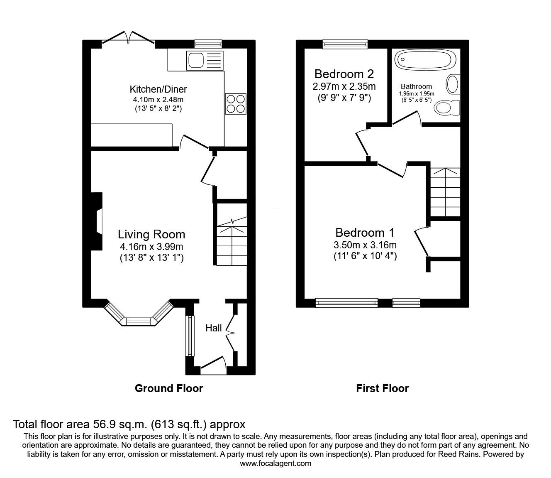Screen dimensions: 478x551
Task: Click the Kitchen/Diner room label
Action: coord(158,89)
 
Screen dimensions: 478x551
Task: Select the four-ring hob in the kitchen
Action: coord(235,103)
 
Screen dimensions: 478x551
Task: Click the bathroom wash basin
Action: coord(453,84)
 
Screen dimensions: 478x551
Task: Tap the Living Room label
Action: coord(151,234)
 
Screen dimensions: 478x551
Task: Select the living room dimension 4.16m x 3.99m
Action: coord(151,247)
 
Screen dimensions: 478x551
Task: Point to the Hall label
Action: coord(214,328)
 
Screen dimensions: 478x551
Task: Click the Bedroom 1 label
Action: coord(365,233)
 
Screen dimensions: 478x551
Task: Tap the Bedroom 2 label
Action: coord(344,74)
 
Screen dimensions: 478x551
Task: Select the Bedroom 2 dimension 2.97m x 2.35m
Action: coord(344,86)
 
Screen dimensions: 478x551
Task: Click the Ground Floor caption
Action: coord(169,388)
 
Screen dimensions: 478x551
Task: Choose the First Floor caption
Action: coord(382,388)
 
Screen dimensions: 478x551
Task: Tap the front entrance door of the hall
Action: coord(213,363)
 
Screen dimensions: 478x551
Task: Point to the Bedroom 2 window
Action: coord(345,44)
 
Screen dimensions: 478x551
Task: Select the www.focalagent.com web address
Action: coord(275,463)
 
